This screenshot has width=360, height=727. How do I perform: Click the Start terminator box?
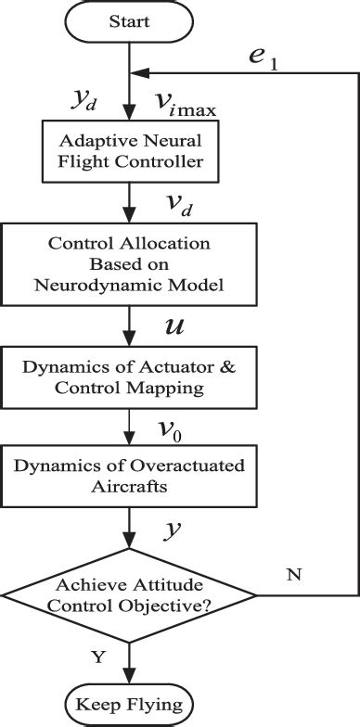point(129,20)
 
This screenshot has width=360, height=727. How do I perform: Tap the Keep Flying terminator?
point(129,701)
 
